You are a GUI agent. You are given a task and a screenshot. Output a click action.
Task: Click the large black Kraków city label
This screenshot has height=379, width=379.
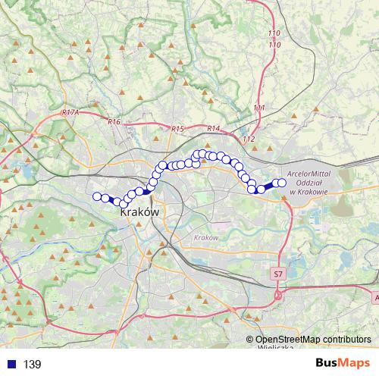139,214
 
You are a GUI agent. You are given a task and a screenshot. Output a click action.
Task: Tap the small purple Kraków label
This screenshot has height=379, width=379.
206,238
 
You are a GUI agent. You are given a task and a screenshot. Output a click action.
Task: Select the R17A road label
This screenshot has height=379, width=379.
70,112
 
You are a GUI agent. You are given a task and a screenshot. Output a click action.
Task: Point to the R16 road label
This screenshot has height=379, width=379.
114,121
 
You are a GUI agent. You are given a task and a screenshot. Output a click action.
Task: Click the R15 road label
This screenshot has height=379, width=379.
178,130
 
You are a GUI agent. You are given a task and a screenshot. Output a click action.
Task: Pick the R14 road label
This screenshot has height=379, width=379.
213,128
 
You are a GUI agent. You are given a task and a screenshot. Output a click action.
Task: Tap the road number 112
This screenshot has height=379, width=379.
249,139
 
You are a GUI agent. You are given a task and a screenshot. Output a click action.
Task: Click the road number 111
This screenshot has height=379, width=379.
259,108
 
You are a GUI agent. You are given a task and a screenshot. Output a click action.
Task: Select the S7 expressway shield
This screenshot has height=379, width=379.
278,273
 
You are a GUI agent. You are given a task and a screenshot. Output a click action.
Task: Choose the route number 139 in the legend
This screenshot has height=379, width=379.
32,365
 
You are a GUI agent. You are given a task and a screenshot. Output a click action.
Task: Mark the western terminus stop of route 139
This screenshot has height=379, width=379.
97,197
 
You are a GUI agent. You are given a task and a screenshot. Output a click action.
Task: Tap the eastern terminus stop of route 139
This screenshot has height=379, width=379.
282,182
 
